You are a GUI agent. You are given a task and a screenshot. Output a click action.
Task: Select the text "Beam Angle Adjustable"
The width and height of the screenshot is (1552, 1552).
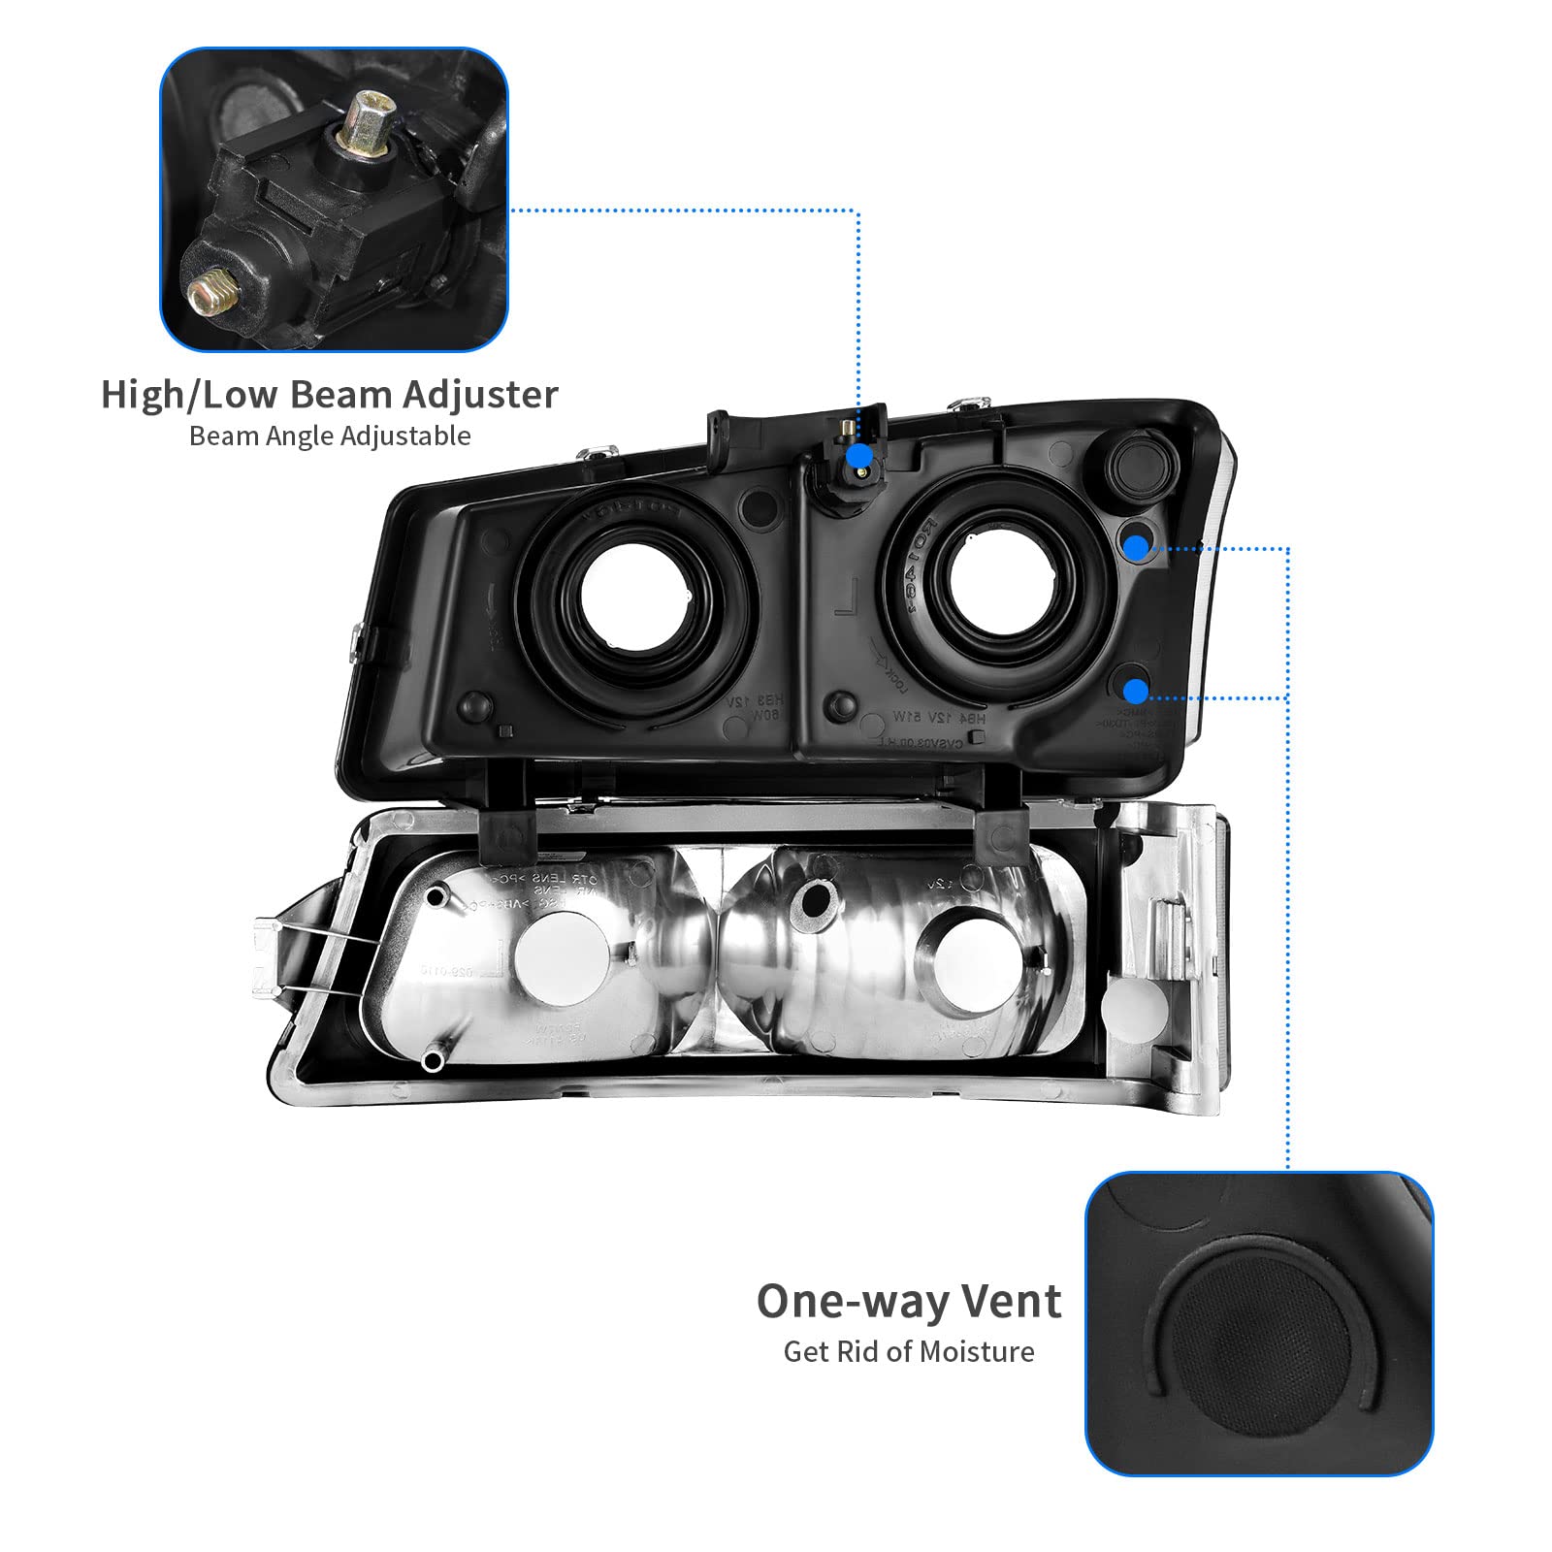point(330,436)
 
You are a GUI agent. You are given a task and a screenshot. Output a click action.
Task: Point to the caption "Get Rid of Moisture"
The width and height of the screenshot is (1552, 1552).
point(909,1351)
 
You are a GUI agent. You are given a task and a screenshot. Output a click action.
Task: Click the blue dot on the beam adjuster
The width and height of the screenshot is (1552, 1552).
point(858,456)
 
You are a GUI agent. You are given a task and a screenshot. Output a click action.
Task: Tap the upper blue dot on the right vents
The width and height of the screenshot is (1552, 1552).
point(1135,548)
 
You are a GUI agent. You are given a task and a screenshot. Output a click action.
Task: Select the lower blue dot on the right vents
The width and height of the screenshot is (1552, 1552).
point(1135,691)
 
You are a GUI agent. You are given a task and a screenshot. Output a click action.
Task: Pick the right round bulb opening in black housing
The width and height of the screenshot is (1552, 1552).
point(996,579)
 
